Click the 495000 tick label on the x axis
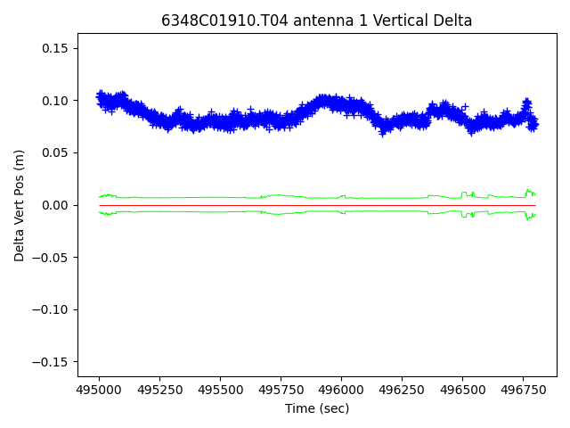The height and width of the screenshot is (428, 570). pyautogui.click(x=99, y=391)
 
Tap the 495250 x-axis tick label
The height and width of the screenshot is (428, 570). pyautogui.click(x=159, y=391)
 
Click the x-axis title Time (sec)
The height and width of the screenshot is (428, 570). pyautogui.click(x=317, y=408)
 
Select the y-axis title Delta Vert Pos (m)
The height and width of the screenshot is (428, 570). pyautogui.click(x=20, y=205)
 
